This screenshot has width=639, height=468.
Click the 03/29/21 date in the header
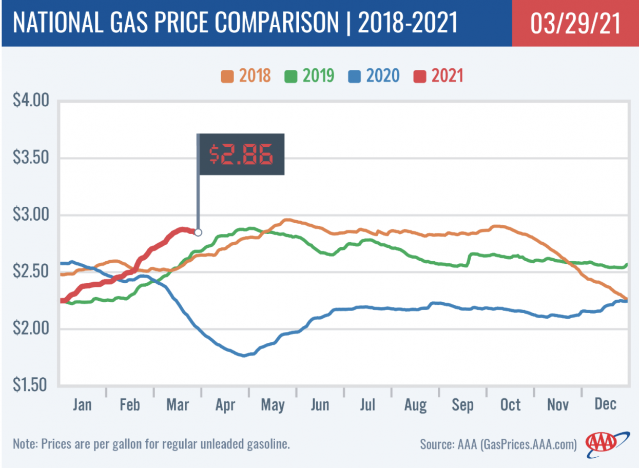click(x=575, y=23)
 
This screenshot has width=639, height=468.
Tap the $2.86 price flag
click(x=241, y=154)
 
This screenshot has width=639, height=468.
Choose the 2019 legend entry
click(x=309, y=76)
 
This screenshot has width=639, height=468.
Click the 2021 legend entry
click(x=439, y=76)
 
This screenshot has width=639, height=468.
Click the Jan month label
click(x=82, y=405)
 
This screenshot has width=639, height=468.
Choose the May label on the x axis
click(x=273, y=405)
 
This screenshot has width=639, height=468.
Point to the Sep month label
click(x=462, y=405)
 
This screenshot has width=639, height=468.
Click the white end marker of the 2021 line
click(x=198, y=232)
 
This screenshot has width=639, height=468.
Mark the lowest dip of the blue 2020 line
click(x=244, y=355)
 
